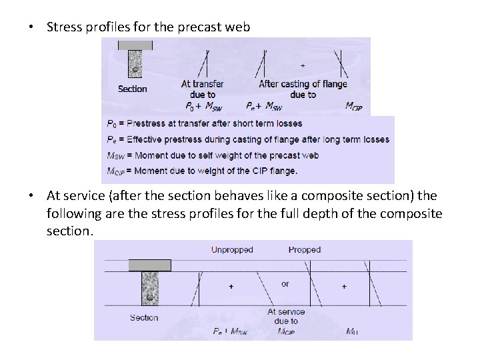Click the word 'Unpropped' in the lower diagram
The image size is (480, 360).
tap(232, 250)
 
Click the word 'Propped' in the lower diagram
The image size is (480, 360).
tap(305, 250)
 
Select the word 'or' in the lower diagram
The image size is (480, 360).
tap(285, 284)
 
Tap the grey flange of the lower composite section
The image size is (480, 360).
tap(149, 265)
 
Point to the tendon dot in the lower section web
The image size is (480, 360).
tap(151, 297)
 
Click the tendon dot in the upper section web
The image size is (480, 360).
tap(135, 69)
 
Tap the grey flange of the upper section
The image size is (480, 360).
tap(135, 45)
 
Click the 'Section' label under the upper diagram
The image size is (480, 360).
tap(133, 89)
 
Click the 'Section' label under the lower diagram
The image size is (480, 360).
tap(144, 318)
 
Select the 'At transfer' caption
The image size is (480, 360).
tap(203, 84)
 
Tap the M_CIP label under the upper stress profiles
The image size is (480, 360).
tap(354, 106)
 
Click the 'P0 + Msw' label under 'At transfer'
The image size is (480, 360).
tap(203, 106)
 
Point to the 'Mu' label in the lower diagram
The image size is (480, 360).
tap(353, 331)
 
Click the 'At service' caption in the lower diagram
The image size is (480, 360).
tap(286, 311)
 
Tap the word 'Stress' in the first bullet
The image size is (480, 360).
tap(65, 27)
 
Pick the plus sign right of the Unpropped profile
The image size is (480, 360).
tap(231, 286)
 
